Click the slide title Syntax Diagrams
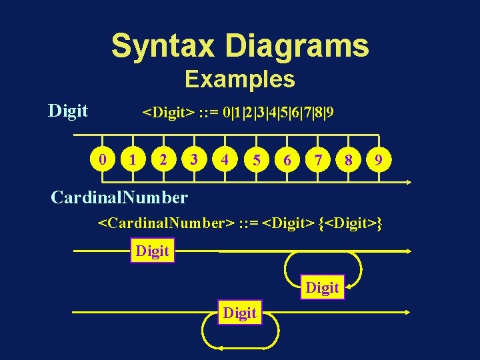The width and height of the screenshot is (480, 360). pos(240,45)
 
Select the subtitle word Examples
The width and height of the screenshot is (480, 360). pos(240,79)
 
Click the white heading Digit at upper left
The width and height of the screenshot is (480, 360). pos(68,111)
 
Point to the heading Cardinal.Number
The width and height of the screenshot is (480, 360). pos(119,197)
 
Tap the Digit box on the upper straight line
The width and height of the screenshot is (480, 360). pos(153,251)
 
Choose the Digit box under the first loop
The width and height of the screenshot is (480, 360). pos(323,287)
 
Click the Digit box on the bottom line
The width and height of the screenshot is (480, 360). pos(240,312)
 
